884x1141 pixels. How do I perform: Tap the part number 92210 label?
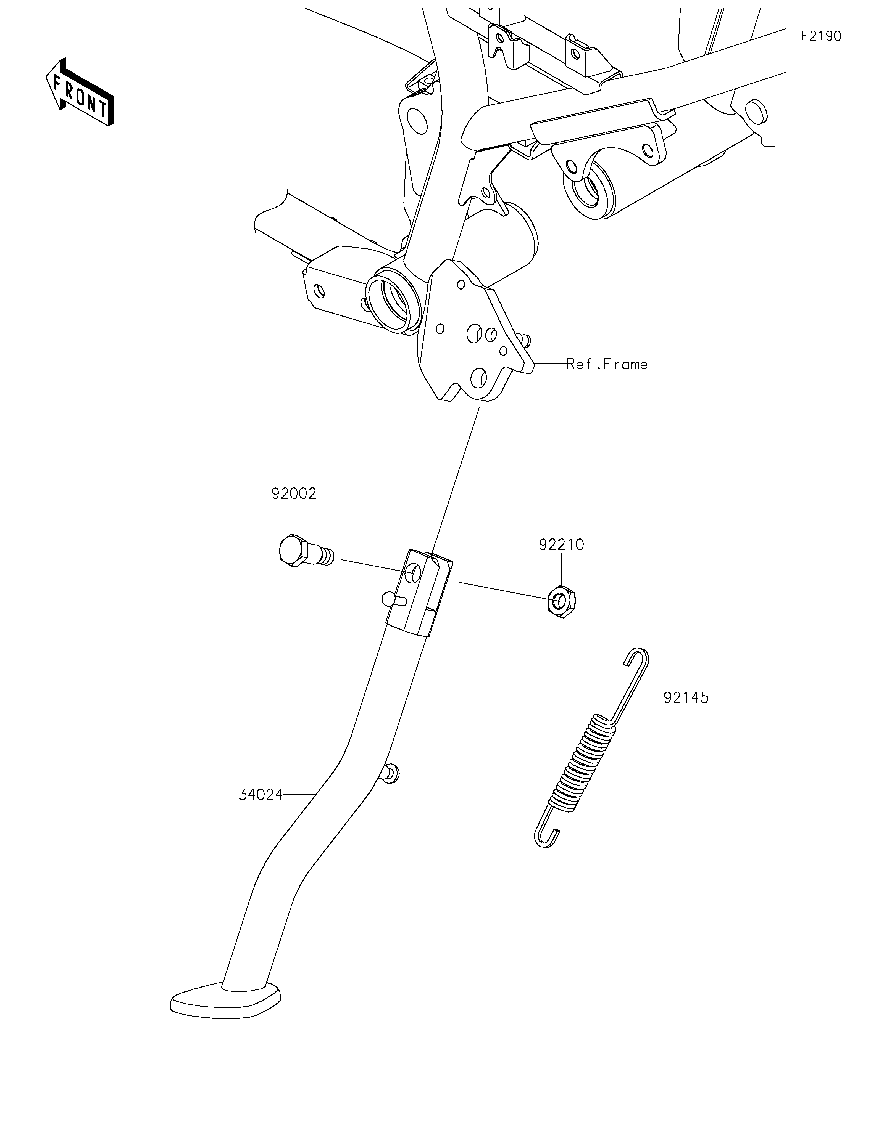tap(561, 545)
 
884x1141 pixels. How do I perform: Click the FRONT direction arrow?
tap(80, 92)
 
